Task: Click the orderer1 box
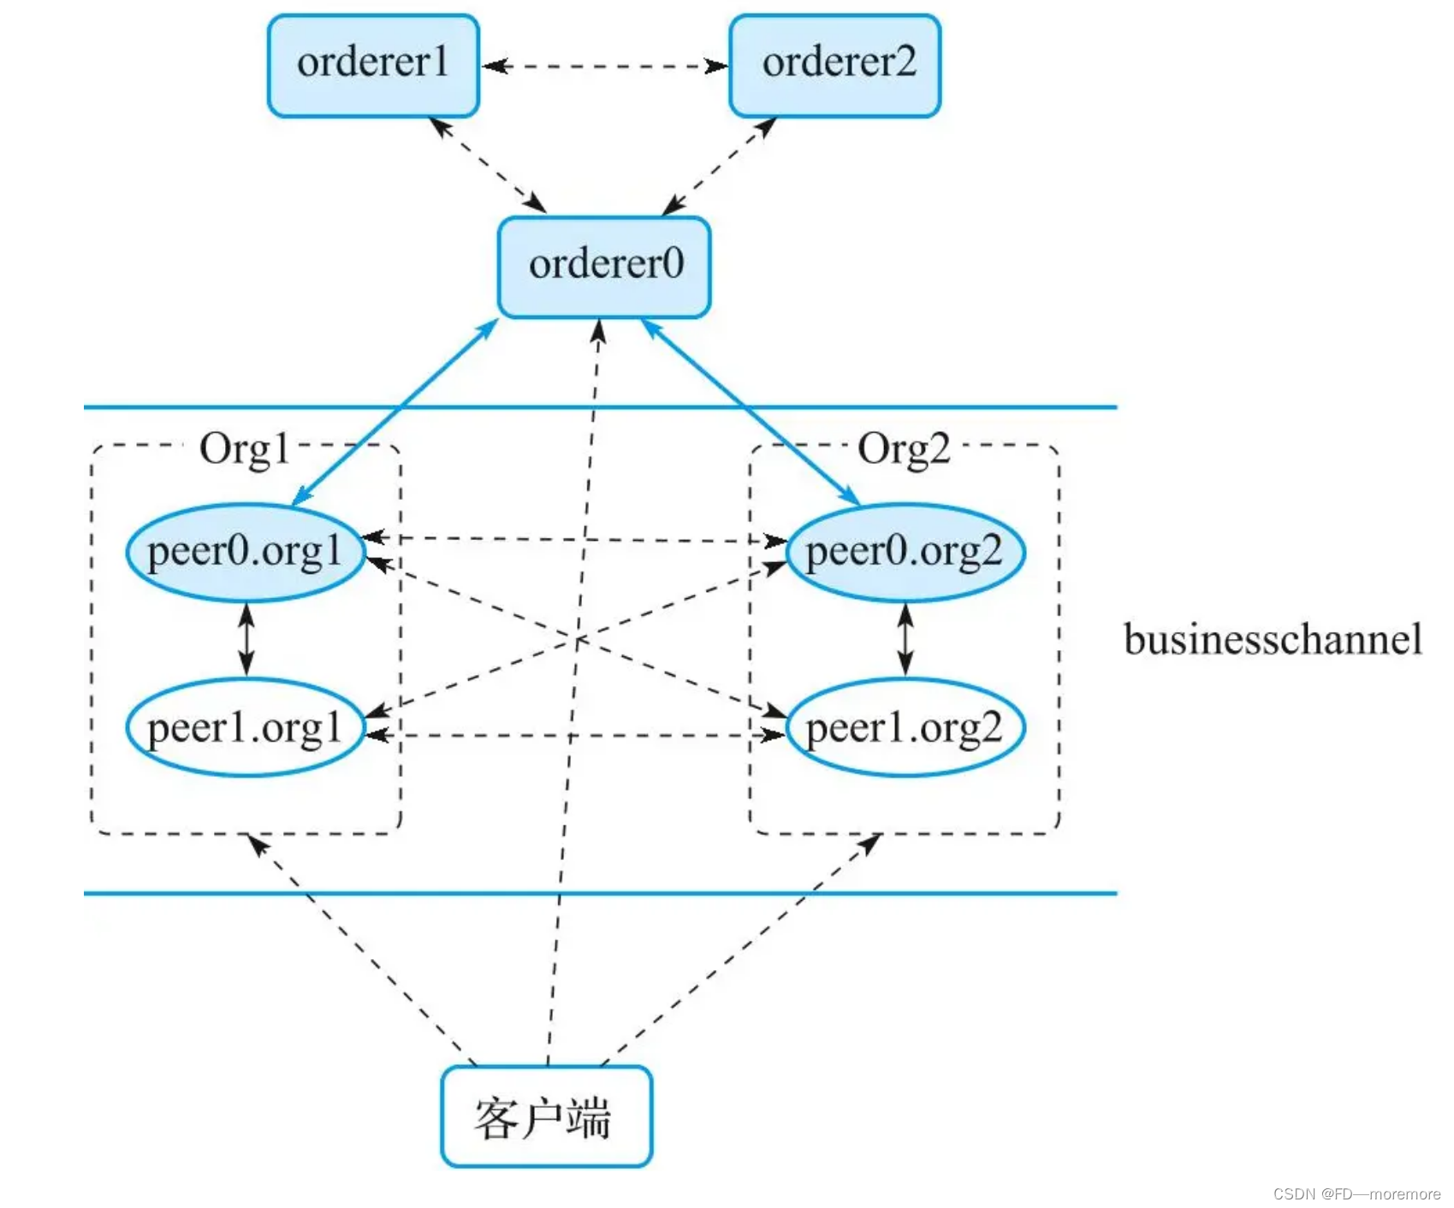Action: (x=373, y=65)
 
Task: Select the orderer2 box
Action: (x=835, y=65)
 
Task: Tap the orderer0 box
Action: (x=604, y=266)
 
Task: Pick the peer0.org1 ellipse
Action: (x=245, y=553)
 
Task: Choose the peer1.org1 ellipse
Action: (x=245, y=728)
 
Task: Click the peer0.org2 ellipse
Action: (x=905, y=553)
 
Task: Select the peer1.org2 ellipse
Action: (x=905, y=728)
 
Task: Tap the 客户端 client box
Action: (x=546, y=1116)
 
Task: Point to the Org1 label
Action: (x=244, y=448)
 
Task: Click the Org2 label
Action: (x=904, y=448)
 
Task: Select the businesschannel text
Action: (x=1273, y=640)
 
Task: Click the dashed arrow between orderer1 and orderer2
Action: (x=604, y=66)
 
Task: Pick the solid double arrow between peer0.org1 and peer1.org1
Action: (x=246, y=639)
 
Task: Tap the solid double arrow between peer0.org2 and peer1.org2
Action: (x=905, y=639)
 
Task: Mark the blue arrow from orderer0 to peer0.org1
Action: (x=395, y=412)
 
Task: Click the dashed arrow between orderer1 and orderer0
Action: (x=488, y=165)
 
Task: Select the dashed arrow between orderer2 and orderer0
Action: (x=720, y=165)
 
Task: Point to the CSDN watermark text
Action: (x=1356, y=1193)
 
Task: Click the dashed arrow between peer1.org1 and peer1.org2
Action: (x=479, y=735)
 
